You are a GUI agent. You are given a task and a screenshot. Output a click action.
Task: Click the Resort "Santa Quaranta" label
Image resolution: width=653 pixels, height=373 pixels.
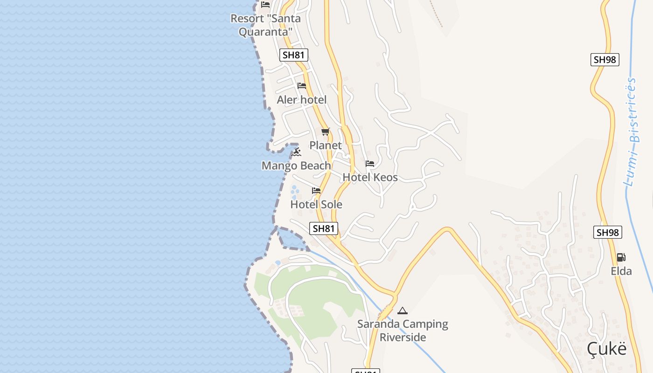265,25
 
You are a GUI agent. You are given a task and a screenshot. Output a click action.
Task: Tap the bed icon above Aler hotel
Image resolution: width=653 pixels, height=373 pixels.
302,86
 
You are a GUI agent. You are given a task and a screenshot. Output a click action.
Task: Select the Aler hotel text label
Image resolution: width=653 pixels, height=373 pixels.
301,100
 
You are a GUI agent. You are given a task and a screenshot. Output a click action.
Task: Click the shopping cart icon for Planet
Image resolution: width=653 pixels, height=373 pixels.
326,131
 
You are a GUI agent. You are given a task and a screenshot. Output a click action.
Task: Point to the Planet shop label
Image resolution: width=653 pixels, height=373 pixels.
326,145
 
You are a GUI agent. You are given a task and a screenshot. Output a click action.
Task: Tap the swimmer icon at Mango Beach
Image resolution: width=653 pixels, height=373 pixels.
297,152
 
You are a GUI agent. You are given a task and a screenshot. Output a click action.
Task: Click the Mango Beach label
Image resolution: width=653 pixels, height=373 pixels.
296,166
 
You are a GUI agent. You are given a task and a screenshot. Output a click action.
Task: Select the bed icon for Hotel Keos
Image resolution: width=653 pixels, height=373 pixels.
370,164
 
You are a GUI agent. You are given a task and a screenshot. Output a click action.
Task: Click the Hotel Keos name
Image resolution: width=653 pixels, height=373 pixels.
370,177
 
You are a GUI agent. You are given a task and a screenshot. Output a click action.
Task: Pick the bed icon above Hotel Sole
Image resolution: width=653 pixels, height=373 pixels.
316,191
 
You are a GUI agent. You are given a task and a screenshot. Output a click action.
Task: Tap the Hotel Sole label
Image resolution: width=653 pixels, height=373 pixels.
316,204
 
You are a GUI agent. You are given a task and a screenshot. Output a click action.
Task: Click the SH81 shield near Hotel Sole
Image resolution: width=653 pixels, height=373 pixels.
324,228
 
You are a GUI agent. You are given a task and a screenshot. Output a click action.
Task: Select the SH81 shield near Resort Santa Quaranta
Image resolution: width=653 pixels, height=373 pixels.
294,55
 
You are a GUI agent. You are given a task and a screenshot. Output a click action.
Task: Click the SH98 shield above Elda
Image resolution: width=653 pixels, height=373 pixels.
608,232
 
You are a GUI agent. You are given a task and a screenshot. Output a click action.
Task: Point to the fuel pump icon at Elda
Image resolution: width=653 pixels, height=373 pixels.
621,257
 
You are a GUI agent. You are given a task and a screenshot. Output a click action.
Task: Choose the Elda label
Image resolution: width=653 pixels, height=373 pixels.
621,271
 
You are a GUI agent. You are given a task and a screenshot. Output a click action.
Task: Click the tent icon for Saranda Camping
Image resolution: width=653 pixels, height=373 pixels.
403,311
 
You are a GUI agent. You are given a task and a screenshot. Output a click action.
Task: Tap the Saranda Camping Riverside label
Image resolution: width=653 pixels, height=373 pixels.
403,330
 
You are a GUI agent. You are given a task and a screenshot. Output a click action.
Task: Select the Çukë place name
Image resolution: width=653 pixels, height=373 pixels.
606,348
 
